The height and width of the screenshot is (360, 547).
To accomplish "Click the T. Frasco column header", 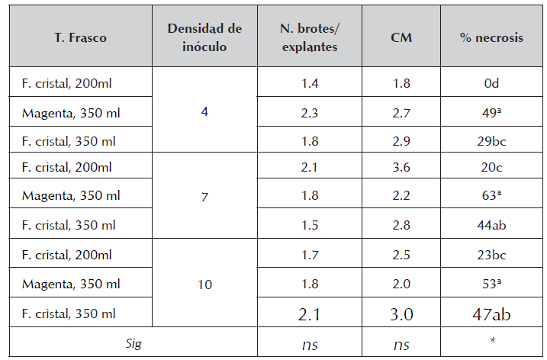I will coord(80,38).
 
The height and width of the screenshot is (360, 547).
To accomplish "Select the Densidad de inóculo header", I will coord(204,37).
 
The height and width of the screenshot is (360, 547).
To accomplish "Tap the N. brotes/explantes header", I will coord(309,37).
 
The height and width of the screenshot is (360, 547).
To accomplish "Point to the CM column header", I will coord(401,38).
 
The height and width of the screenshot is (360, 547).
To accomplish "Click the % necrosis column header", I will coord(491,38).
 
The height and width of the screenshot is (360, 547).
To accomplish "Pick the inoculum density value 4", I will coord(204,111).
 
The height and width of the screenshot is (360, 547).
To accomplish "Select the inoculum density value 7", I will coord(204,196).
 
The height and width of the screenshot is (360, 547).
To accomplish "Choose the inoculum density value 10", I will coord(204,284).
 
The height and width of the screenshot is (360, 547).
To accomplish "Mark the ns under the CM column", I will coord(401,345).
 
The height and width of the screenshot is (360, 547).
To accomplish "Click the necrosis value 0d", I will coord(491,83).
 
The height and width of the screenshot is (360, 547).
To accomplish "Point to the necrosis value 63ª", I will coord(491,195).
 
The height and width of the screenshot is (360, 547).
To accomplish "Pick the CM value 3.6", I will coord(401,167).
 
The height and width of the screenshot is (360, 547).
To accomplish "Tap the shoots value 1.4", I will coord(309,83).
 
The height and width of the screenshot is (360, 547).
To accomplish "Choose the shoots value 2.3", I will coord(309,112).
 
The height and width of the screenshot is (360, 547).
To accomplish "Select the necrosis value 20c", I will coord(491,167).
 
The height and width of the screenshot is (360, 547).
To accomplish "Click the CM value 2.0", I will coord(401,284).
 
